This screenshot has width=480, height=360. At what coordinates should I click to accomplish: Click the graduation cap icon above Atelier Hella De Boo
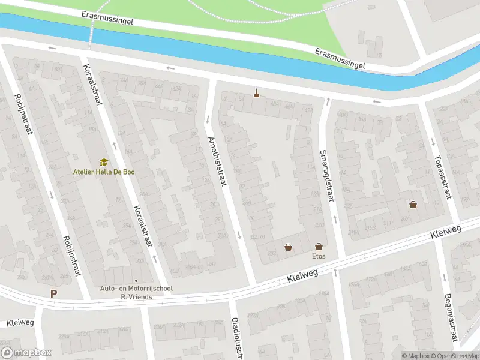pyautogui.click(x=104, y=162)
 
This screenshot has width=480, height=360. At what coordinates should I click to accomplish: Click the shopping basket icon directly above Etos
pyautogui.click(x=318, y=246)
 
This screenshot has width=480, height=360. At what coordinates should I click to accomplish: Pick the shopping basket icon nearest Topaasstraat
pyautogui.click(x=413, y=205)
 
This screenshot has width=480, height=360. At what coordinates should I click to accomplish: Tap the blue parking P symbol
pyautogui.click(x=54, y=294)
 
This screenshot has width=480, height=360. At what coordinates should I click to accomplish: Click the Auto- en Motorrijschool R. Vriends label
pyautogui.click(x=137, y=292)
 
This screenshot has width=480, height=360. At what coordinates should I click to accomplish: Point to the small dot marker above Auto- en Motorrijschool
pyautogui.click(x=137, y=281)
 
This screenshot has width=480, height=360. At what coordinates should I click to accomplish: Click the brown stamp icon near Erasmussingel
pyautogui.click(x=257, y=93)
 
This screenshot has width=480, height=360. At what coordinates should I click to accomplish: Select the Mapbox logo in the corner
pyautogui.click(x=26, y=353)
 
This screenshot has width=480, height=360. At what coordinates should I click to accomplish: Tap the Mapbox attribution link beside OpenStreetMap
pyautogui.click(x=415, y=356)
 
